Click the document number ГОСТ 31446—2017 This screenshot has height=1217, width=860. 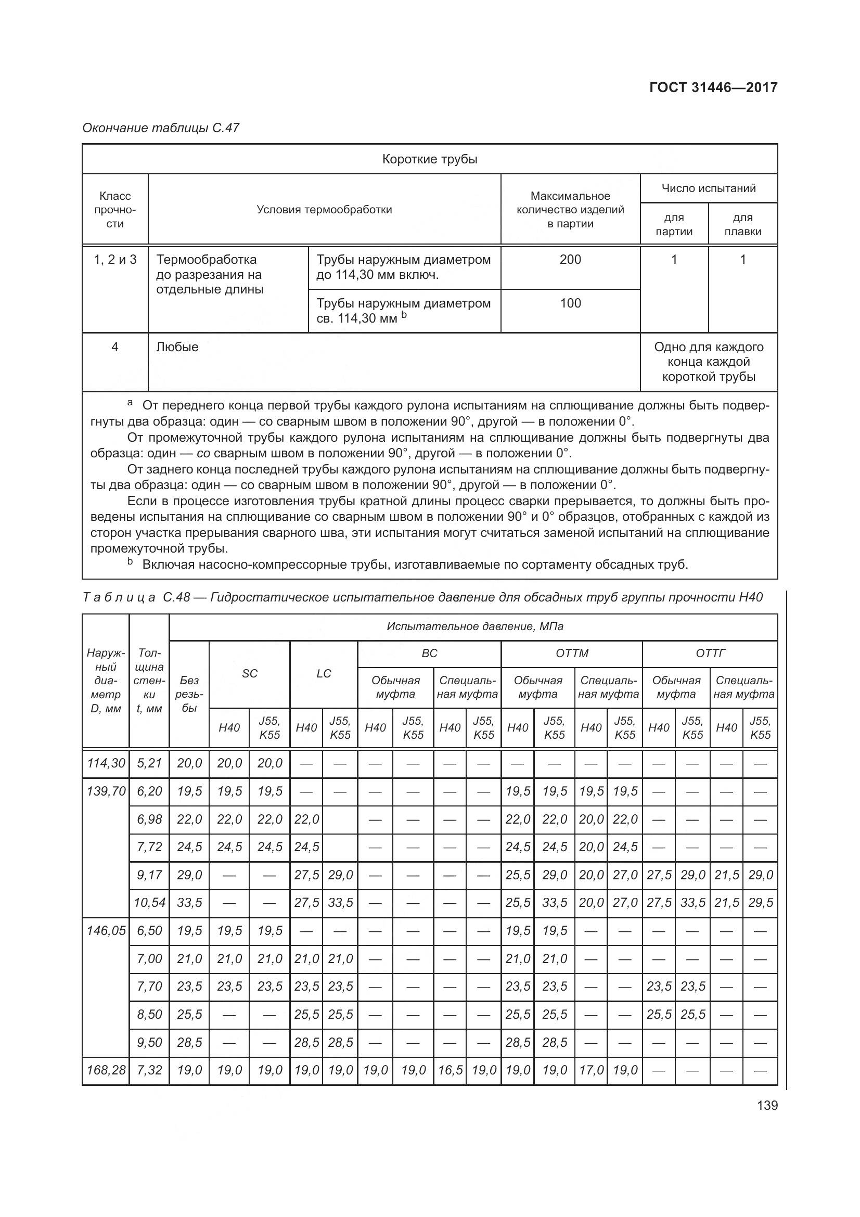coord(713,87)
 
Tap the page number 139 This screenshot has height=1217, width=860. coord(767,1105)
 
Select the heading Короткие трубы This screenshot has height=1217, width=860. coord(430,159)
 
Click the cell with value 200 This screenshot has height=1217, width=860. coord(570,259)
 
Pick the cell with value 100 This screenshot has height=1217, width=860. coord(570,303)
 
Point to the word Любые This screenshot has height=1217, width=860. coord(177,347)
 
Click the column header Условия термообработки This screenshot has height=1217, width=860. coord(324,209)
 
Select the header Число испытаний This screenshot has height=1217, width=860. coord(709,188)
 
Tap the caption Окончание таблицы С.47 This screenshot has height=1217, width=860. coord(161,128)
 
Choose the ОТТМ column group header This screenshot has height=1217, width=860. coord(572,654)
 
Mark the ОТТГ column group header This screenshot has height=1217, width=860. coord(710,654)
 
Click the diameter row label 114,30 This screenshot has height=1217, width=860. coord(106,763)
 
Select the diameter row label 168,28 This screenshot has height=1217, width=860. coord(106,1070)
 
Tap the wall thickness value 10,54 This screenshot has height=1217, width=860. coord(149,903)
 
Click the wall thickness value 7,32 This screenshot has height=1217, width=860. coord(149,1070)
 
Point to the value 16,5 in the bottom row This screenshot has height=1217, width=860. coord(450,1070)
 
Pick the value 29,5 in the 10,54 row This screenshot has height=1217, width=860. coord(761,903)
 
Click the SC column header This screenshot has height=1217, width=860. coord(250,674)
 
